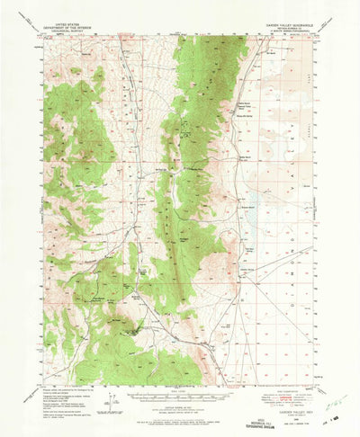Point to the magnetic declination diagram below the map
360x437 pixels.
(x=107, y=378)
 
